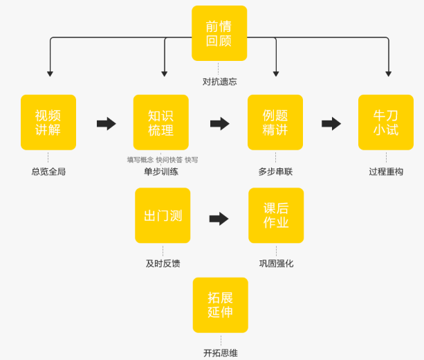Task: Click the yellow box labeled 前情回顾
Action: (219, 33)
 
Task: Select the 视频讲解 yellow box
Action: (48, 123)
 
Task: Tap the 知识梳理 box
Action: (160, 123)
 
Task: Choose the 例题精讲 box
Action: (275, 123)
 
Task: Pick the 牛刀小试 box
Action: (386, 123)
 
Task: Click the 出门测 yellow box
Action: (163, 215)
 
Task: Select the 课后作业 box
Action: (276, 215)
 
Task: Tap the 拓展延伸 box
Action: (220, 305)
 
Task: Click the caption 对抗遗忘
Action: (219, 82)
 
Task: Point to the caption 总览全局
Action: (48, 172)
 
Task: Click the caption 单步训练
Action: (161, 172)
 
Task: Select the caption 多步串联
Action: (275, 172)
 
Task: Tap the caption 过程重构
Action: (386, 172)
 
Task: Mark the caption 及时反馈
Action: (163, 264)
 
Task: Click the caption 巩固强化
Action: (276, 264)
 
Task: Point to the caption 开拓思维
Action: (220, 353)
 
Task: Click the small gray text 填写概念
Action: (140, 160)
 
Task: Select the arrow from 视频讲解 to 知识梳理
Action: (106, 123)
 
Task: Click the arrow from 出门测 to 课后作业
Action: (219, 219)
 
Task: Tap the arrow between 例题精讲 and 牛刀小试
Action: (331, 123)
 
